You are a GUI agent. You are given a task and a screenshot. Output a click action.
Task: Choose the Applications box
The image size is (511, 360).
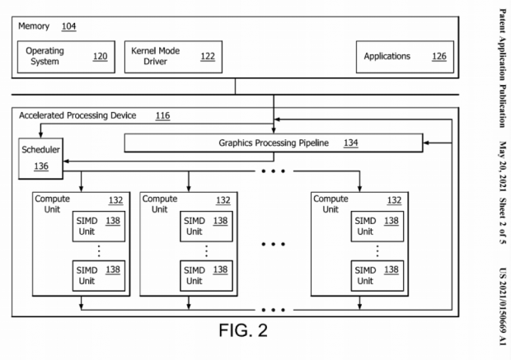[400, 56]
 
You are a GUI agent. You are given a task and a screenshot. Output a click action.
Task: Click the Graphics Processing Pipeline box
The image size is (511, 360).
[273, 143]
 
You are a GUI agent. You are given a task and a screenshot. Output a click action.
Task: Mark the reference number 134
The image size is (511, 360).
[351, 143]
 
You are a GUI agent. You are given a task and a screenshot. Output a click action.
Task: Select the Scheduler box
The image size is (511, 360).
[41, 158]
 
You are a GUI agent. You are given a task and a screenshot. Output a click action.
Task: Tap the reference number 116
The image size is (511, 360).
[162, 116]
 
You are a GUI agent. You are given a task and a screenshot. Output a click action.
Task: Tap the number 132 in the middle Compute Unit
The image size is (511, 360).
[223, 199]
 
